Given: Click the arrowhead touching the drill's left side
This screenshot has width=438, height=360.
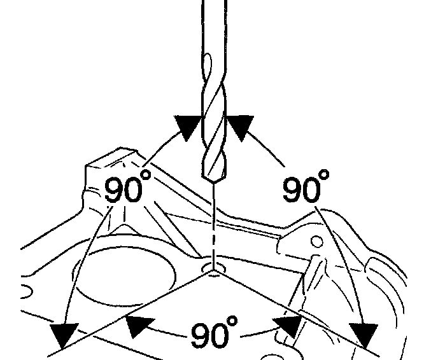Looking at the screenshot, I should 188,127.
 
